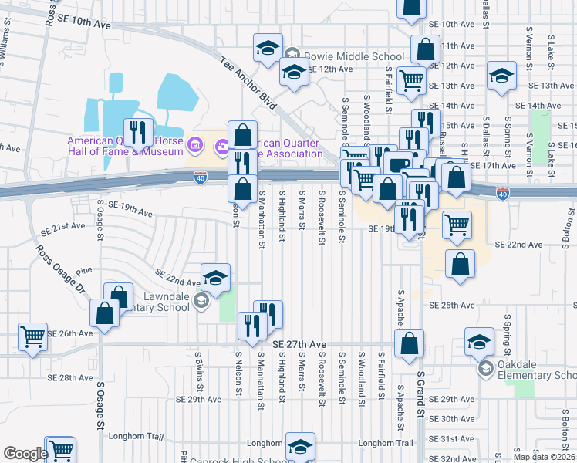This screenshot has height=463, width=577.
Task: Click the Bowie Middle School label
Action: [353, 56]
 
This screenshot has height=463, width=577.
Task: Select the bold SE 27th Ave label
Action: [299, 344]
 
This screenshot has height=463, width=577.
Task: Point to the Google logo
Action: [25, 454]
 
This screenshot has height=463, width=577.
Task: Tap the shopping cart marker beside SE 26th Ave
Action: [32, 336]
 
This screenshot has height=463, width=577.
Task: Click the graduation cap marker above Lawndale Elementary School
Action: [215, 278]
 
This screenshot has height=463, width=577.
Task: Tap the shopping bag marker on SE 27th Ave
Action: [410, 343]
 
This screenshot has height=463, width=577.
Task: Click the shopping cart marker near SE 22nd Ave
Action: [457, 225]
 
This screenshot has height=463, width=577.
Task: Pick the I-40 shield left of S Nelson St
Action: [201, 178]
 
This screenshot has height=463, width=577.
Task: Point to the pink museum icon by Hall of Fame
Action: [194, 143]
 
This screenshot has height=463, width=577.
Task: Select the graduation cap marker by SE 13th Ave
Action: [501, 76]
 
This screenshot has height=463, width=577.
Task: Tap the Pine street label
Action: [83, 271]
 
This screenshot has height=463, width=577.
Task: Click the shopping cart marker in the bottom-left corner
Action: [60, 450]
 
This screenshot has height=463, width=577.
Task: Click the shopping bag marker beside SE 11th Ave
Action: [425, 49]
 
